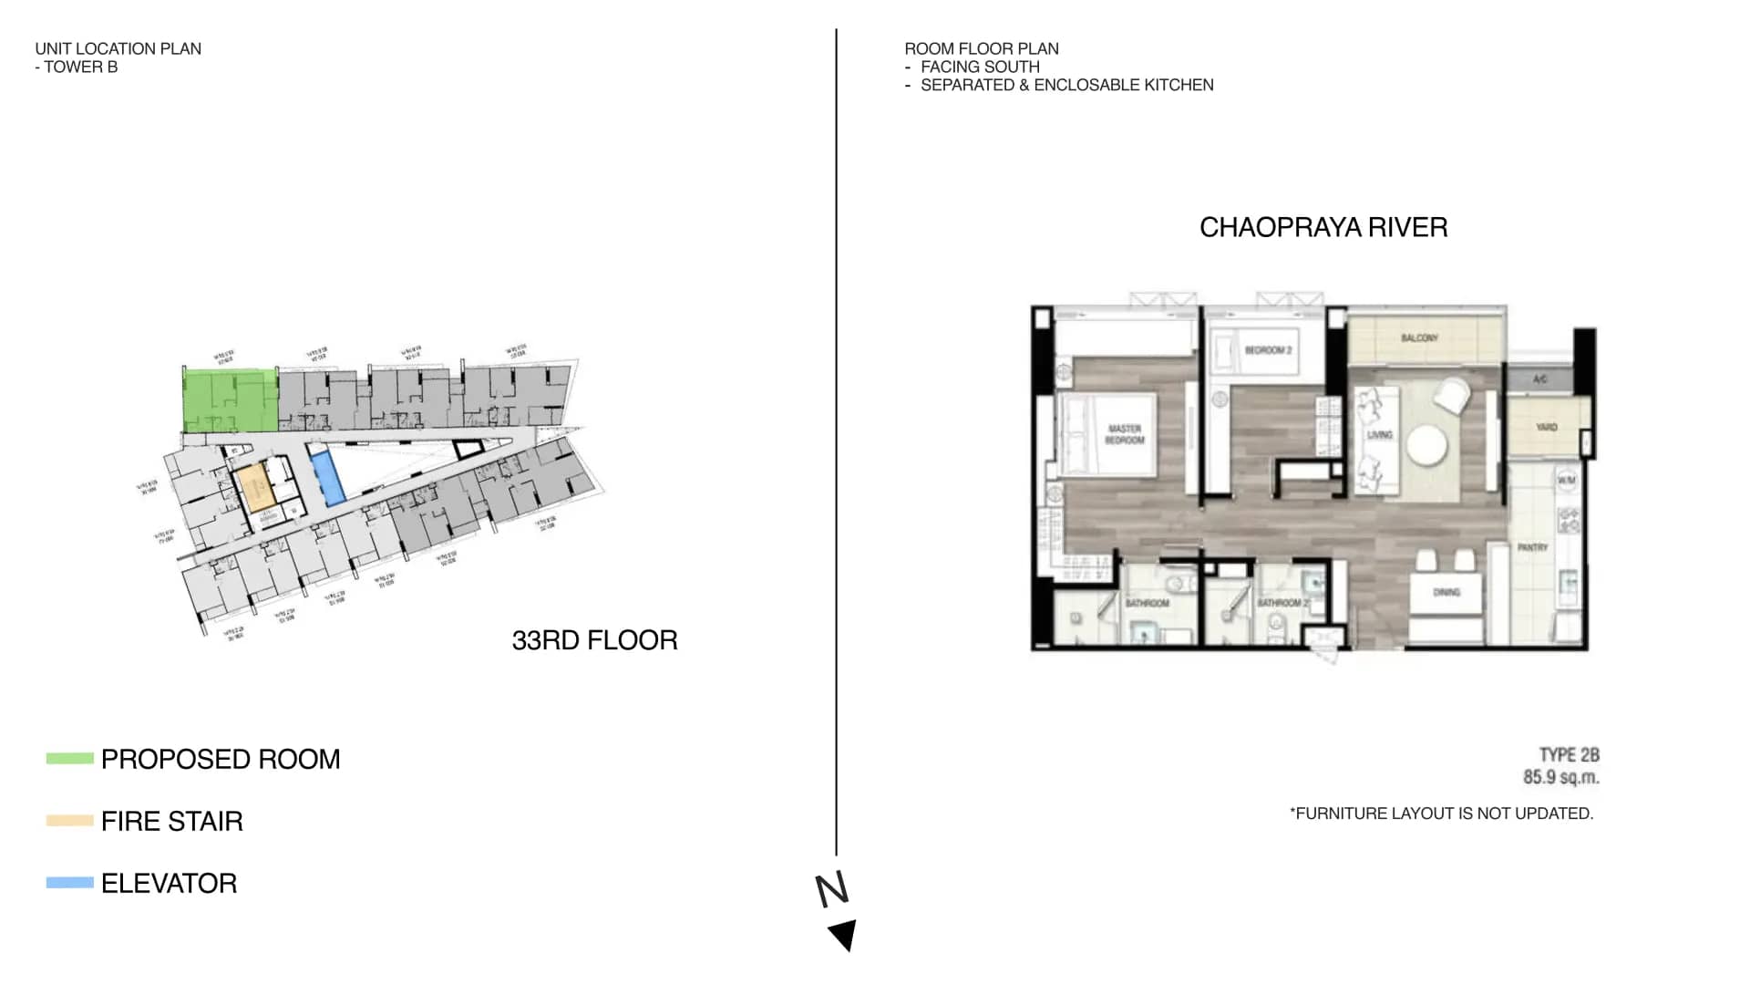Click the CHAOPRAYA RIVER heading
1323,227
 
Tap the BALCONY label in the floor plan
1419,338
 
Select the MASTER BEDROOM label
1125,434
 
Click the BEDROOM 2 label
1268,350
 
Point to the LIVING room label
1379,435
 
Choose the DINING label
1446,593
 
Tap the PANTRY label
1532,547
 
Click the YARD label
1546,427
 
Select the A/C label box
1539,379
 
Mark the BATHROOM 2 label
1282,603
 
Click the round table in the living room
1426,446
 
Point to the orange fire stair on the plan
256,488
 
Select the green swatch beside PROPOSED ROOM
70,759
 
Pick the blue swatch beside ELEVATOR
70,883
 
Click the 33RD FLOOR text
594,640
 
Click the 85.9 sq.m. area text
1560,778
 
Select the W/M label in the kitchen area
1566,480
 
